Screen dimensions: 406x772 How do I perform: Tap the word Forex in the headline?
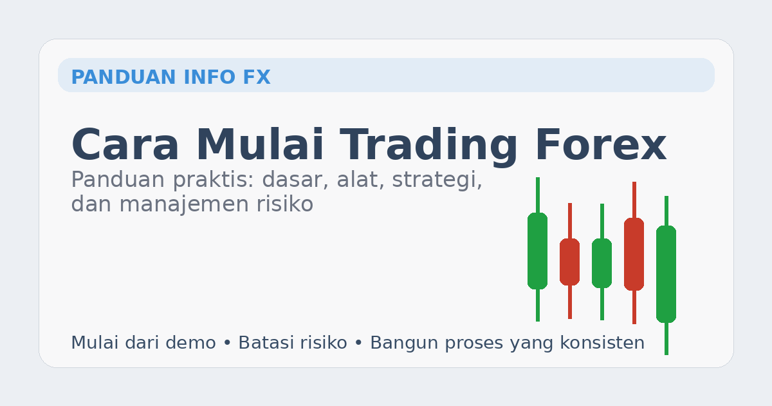click(600, 145)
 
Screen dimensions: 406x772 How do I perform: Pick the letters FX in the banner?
click(257, 77)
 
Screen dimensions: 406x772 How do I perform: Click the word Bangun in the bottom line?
click(399, 343)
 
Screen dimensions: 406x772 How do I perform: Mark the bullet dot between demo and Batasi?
click(226, 343)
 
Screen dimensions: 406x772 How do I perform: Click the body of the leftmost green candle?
click(537, 251)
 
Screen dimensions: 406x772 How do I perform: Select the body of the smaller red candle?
click(569, 262)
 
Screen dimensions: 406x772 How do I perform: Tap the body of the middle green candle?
click(602, 263)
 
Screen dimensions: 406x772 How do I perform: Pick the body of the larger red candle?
click(634, 254)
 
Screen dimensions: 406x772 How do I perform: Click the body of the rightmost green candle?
click(666, 274)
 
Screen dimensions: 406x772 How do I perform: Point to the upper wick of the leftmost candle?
click(537, 195)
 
